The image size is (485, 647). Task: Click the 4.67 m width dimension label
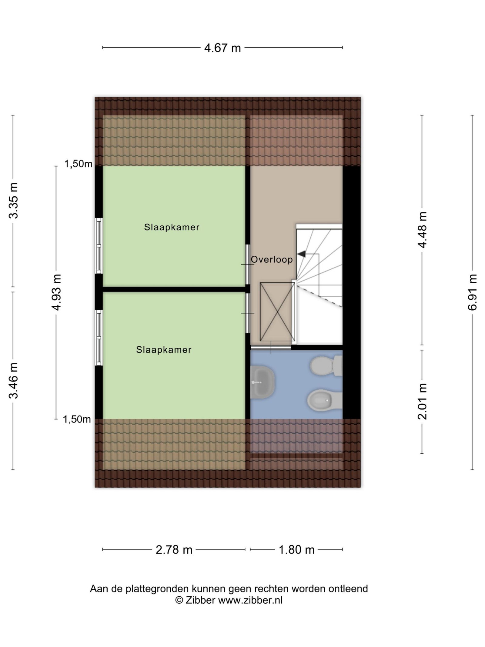tap(222, 48)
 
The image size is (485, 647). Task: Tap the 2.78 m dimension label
tap(174, 550)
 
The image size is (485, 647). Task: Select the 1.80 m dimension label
tap(296, 550)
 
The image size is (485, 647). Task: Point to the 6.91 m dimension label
tap(472, 292)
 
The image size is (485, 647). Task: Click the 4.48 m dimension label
tap(422, 230)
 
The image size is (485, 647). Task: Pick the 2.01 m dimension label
tap(422, 401)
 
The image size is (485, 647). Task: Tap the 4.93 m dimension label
tap(56, 292)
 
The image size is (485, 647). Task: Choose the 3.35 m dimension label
tap(13, 201)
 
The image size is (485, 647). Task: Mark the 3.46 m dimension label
tap(13, 381)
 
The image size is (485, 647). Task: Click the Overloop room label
tap(272, 259)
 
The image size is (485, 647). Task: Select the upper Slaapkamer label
tap(172, 227)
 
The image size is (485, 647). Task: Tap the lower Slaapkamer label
tap(164, 350)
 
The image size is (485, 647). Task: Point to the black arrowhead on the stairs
tap(301, 254)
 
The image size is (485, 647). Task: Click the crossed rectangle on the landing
tap(277, 312)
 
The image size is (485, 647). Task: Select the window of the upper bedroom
tap(99, 246)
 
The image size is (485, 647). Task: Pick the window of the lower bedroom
tap(99, 338)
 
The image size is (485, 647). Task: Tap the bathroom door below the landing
tap(271, 348)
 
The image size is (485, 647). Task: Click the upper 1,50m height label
tap(78, 164)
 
